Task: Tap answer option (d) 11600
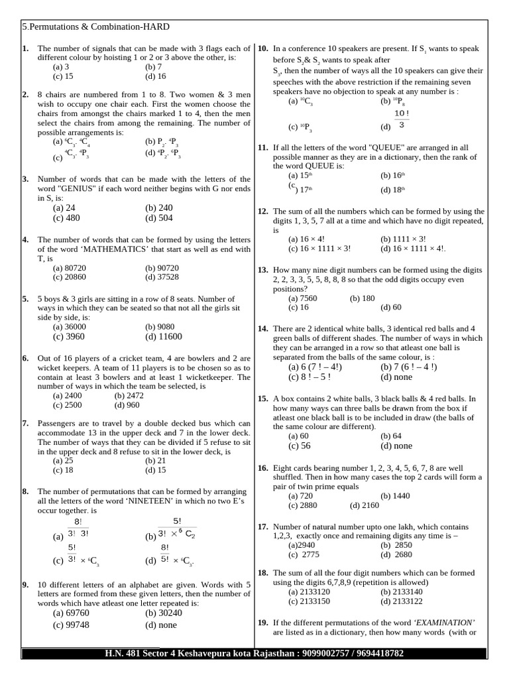[163, 336]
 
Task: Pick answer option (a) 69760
[71, 613]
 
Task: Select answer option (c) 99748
[71, 625]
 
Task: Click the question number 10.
[262, 48]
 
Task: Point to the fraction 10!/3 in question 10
[401, 119]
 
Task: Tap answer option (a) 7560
[303, 298]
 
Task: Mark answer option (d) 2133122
[403, 601]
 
